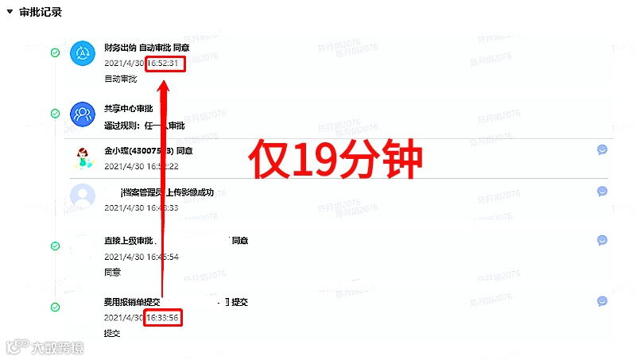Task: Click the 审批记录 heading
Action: (41, 13)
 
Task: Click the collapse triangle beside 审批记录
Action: (9, 13)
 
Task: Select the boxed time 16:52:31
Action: (165, 63)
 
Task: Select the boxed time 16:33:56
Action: (163, 318)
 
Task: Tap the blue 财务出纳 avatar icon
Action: (83, 53)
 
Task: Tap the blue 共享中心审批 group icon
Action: (83, 114)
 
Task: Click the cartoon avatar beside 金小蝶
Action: (83, 157)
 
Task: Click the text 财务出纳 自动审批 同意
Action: (146, 48)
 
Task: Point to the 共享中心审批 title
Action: (128, 109)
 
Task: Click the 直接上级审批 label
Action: (128, 241)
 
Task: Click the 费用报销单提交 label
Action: (132, 302)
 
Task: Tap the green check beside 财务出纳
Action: (55, 53)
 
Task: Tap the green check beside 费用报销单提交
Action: (55, 307)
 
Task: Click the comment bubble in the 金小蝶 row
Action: (603, 149)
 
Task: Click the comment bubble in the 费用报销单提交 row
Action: (603, 301)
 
